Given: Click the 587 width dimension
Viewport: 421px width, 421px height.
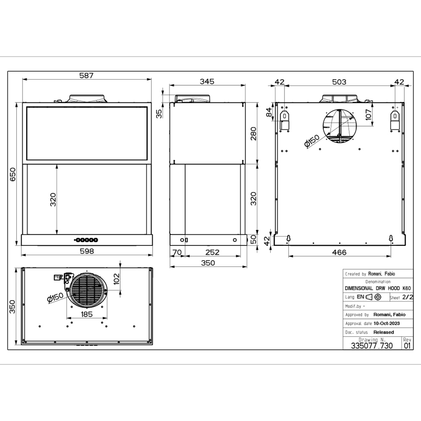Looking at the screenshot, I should point(87,75).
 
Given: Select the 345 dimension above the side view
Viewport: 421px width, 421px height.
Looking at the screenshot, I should point(207,81).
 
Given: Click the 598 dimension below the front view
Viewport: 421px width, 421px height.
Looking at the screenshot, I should point(87,251).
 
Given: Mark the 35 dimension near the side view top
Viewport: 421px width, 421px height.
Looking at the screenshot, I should point(159,113).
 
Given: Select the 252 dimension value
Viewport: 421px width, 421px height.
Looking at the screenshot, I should point(212,252).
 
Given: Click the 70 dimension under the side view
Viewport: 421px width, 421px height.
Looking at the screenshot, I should point(177,252).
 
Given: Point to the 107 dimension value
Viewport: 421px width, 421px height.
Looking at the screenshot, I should point(369,115).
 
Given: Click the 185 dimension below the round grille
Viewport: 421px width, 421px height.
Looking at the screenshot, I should point(87,314).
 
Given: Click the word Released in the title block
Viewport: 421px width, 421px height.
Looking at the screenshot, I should point(384,332).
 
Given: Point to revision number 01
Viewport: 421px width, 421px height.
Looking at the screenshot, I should point(407,346).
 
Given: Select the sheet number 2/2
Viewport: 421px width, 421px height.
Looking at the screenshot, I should point(407,297).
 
